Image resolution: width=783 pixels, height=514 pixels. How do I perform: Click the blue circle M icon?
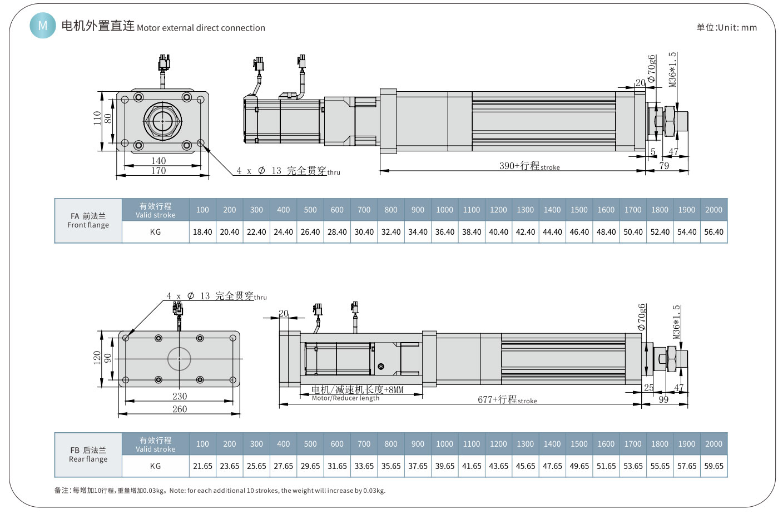point(43,26)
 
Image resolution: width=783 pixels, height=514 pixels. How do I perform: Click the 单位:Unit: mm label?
point(726,27)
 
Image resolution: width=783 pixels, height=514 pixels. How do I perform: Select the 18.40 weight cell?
point(202,232)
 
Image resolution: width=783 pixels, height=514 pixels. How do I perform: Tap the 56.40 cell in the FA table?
point(713,232)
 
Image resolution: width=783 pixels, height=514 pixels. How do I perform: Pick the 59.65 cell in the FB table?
point(713,466)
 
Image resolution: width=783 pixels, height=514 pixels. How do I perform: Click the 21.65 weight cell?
point(202,466)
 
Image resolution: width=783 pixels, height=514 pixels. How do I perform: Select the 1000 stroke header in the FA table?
point(444,210)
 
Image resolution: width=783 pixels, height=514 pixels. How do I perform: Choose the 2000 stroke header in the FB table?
point(713,444)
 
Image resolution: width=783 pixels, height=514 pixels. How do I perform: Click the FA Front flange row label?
point(88,220)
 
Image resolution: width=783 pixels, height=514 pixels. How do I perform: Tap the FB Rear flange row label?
point(88,454)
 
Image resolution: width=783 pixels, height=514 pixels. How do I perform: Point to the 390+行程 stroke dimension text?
point(529,166)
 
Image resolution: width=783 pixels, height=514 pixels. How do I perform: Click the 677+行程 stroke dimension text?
point(507,399)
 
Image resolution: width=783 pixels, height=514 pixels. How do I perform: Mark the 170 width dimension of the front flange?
point(158,171)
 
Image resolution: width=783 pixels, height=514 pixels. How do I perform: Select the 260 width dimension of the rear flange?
point(180,409)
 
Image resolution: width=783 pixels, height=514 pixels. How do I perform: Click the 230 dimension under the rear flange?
point(180,396)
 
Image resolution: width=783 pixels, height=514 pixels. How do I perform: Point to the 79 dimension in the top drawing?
point(664,166)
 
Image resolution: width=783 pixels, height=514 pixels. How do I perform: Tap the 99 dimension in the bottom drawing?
point(663,399)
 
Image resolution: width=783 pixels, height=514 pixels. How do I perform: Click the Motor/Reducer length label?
point(345,398)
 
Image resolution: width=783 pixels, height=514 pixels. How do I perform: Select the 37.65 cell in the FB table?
point(418,466)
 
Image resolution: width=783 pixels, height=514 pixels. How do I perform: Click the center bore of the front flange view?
point(162,121)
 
